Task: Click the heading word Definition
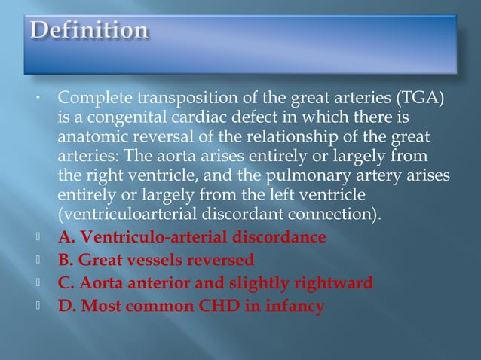pyautogui.click(x=89, y=31)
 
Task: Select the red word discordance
pyautogui.click(x=276, y=238)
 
